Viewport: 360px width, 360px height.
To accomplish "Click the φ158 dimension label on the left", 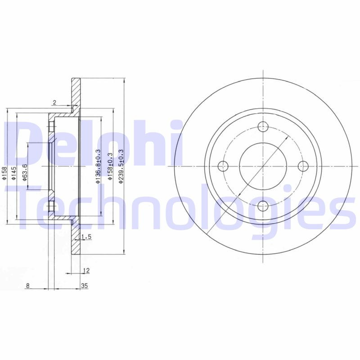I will pos(4,173).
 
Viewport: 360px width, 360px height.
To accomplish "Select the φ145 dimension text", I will pos(14,173).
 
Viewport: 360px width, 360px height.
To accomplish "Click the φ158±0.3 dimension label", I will pos(109,166).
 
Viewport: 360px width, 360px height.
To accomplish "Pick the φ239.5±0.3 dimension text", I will pos(121,166).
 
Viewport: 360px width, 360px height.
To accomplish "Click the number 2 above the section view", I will pos(54,103).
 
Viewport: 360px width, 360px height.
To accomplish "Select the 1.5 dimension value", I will pos(87,236).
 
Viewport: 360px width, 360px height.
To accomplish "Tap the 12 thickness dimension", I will pos(86,270).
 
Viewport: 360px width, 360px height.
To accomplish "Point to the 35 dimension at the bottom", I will pos(84,285).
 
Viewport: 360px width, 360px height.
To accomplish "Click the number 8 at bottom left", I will pos(27,285).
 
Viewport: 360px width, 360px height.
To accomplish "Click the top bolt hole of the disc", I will pos(262,127).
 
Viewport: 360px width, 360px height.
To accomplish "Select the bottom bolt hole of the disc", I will pos(262,206).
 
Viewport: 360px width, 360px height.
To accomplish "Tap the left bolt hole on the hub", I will pos(222,166).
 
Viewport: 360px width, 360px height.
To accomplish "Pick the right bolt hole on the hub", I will pos(302,166).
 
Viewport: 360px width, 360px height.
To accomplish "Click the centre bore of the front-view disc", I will pos(262,166).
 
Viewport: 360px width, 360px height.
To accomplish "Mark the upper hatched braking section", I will pos(76,94).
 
